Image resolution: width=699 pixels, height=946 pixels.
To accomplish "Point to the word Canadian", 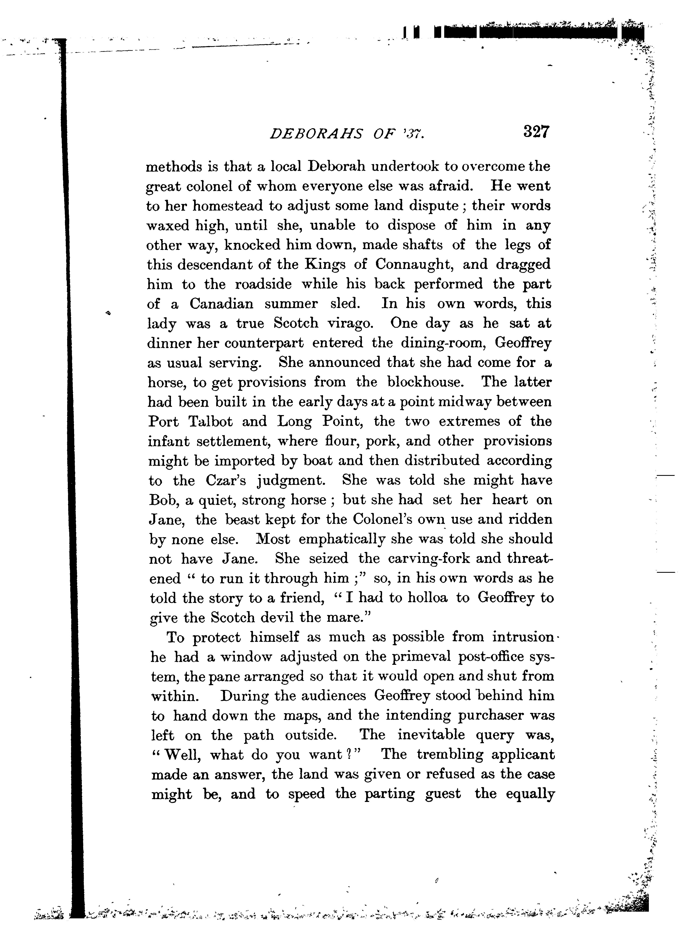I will (x=221, y=304).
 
